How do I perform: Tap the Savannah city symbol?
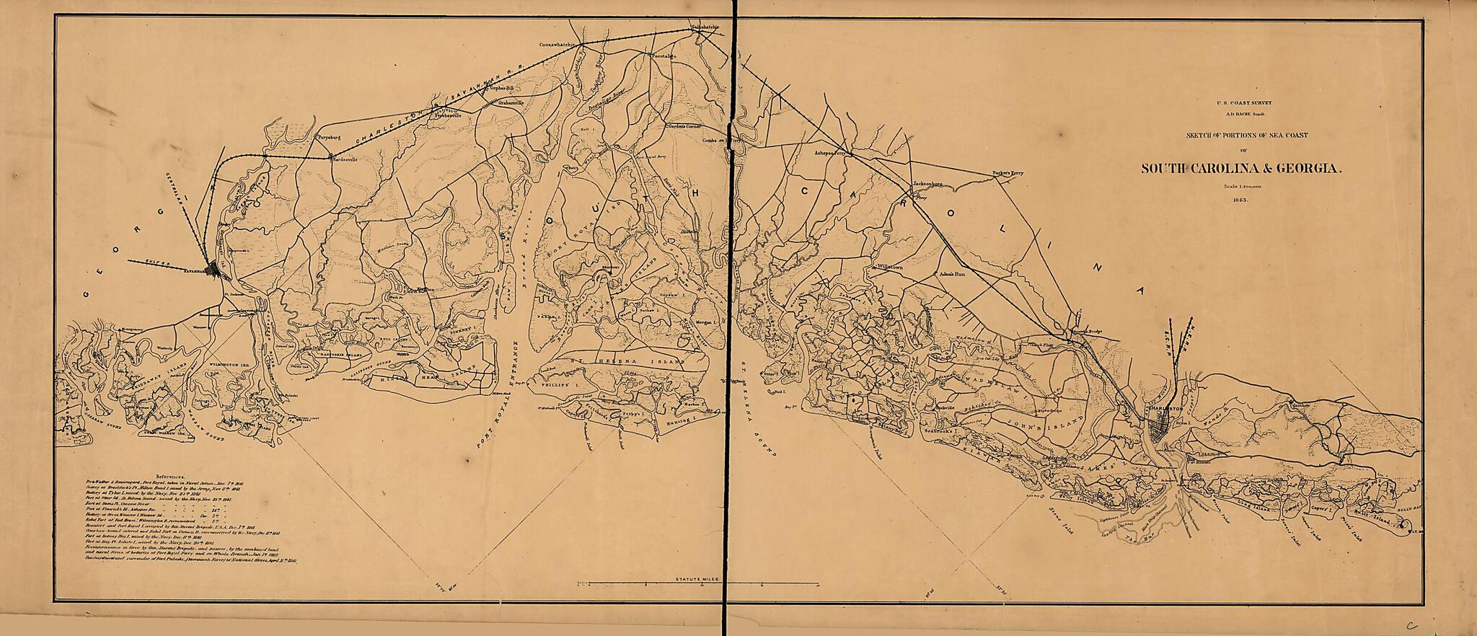tap(212, 270)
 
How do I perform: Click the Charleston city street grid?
tap(1162, 432)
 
